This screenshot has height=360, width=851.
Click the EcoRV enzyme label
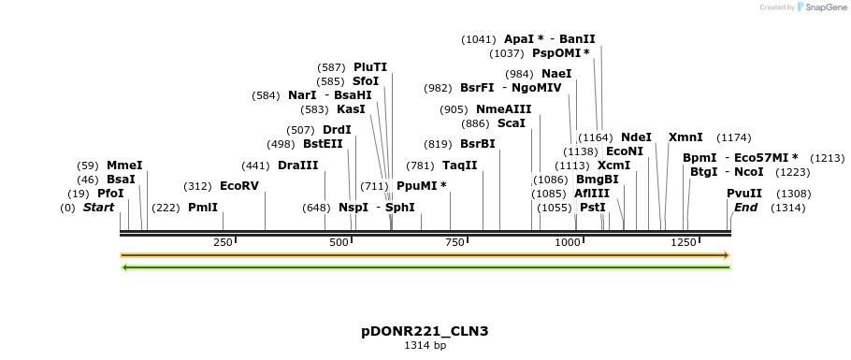[238, 186]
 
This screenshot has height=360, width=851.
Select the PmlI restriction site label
[203, 208]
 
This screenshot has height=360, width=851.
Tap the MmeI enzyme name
[124, 166]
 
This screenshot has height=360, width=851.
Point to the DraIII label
[297, 166]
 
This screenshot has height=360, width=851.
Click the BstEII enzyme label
[323, 144]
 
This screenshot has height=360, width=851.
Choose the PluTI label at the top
[369, 67]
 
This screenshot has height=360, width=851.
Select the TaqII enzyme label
[459, 166]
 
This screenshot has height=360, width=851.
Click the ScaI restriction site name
[511, 123]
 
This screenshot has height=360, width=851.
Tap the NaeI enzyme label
[556, 74]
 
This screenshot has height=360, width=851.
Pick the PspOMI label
[561, 53]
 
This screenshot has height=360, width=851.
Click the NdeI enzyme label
[636, 137]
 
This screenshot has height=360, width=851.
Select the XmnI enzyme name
[685, 137]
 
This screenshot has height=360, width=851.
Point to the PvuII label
[744, 194]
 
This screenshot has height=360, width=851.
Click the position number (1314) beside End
[787, 208]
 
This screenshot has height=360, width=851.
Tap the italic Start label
[98, 208]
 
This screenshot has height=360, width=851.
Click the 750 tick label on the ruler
[454, 243]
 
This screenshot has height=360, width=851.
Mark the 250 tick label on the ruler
[224, 243]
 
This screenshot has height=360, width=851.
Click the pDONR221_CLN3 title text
[425, 331]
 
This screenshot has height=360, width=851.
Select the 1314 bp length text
[425, 346]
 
